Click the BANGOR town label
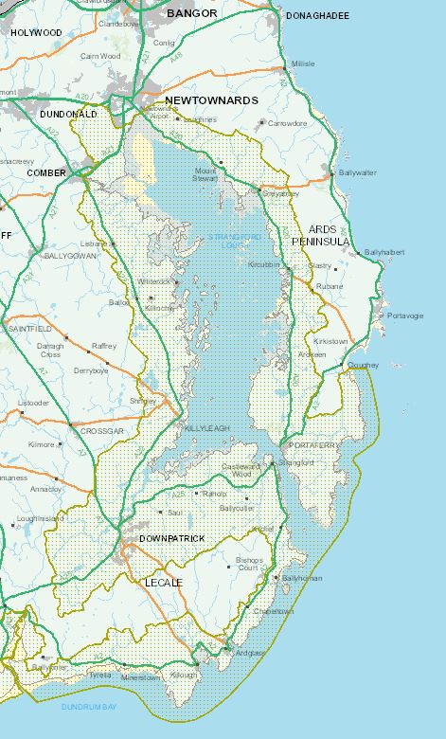192,14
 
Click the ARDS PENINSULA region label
330,236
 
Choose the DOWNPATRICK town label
171,538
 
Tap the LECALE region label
164,582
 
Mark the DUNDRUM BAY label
89,707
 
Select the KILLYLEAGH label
206,429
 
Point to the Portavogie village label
405,315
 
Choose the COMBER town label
46,173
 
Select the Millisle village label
303,63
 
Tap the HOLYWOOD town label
36,32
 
